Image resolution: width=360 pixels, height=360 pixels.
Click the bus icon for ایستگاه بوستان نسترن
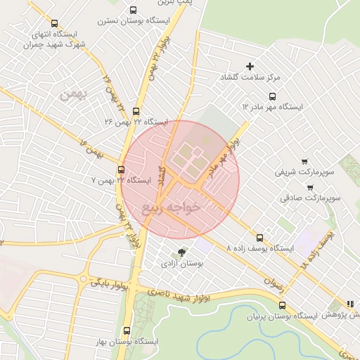(x=134, y=10)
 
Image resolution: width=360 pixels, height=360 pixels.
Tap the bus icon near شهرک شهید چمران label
(x=55, y=23)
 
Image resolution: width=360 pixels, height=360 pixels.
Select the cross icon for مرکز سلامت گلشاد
(x=250, y=66)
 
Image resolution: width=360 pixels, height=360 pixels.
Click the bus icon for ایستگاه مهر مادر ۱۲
(x=272, y=96)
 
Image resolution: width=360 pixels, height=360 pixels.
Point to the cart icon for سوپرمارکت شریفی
(x=304, y=162)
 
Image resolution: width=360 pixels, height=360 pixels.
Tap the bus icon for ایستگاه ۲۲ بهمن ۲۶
(x=136, y=111)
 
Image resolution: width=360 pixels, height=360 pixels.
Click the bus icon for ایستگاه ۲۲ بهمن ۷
(x=122, y=169)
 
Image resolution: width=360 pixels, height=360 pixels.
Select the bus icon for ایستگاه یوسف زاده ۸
(x=259, y=237)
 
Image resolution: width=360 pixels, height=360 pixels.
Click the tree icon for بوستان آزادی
(x=183, y=252)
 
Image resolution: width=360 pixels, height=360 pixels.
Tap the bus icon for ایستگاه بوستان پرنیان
(x=283, y=305)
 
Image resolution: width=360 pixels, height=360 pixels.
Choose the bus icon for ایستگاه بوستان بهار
(x=127, y=330)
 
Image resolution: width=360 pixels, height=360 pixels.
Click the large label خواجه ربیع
(x=171, y=207)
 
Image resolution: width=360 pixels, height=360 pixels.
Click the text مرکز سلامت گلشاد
(x=251, y=77)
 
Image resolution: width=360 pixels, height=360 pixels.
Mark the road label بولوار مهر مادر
(x=225, y=151)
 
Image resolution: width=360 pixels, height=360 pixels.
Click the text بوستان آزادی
(x=182, y=264)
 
